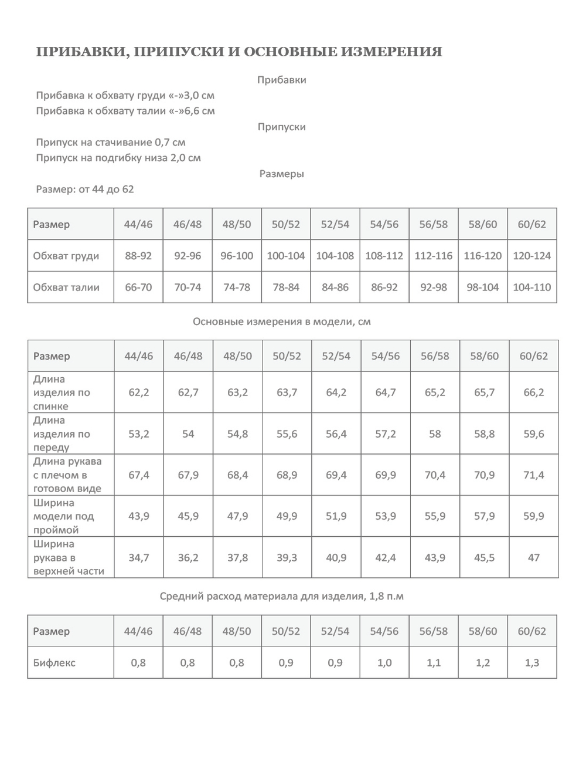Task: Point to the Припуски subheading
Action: pos(281,127)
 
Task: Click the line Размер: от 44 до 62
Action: pos(85,189)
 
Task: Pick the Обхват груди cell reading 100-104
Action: pos(286,256)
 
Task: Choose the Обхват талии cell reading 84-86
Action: pos(335,287)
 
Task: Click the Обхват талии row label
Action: pos(66,287)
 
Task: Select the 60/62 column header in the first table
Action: pos(532,224)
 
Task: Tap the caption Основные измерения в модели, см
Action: pos(281,321)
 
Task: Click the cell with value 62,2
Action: pos(139,392)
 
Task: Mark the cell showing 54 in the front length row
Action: pos(188,434)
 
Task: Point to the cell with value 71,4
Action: pos(533,475)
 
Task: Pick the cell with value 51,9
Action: pos(336,516)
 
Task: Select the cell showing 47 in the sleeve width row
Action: pos(533,557)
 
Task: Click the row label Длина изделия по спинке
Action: pos(61,392)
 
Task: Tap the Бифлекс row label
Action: pos(54,663)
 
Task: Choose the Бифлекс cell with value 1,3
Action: pos(532,663)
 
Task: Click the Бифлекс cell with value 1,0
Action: pos(384,663)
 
